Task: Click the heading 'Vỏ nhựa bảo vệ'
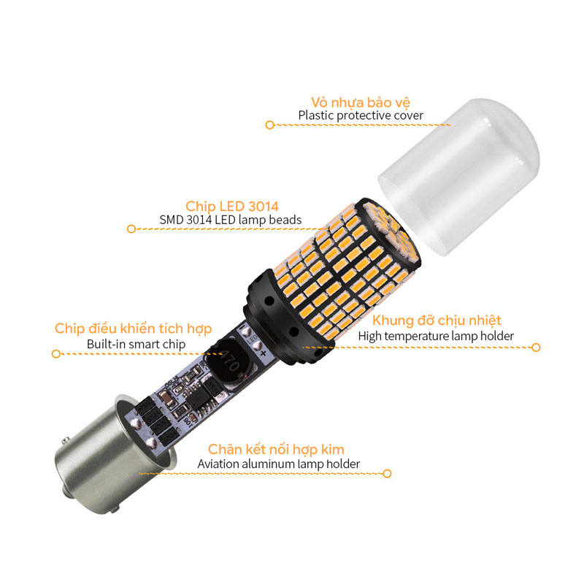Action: tap(361, 102)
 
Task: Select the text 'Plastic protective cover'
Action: tap(361, 115)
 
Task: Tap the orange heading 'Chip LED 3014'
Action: tap(232, 207)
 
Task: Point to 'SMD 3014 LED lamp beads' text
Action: tap(231, 220)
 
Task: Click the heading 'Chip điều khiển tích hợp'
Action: tap(133, 328)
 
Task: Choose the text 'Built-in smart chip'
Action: tap(136, 344)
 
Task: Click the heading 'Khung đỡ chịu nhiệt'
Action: tap(437, 320)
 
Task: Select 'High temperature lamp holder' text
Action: tap(436, 336)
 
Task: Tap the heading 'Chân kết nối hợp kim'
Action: tap(276, 449)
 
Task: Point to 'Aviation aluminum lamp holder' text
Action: tap(279, 464)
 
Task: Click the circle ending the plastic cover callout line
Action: tap(269, 125)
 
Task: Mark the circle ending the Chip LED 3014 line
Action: tap(131, 228)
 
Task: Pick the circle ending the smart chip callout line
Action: tap(56, 353)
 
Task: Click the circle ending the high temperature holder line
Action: tap(536, 347)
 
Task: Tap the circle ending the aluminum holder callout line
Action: tap(388, 474)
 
